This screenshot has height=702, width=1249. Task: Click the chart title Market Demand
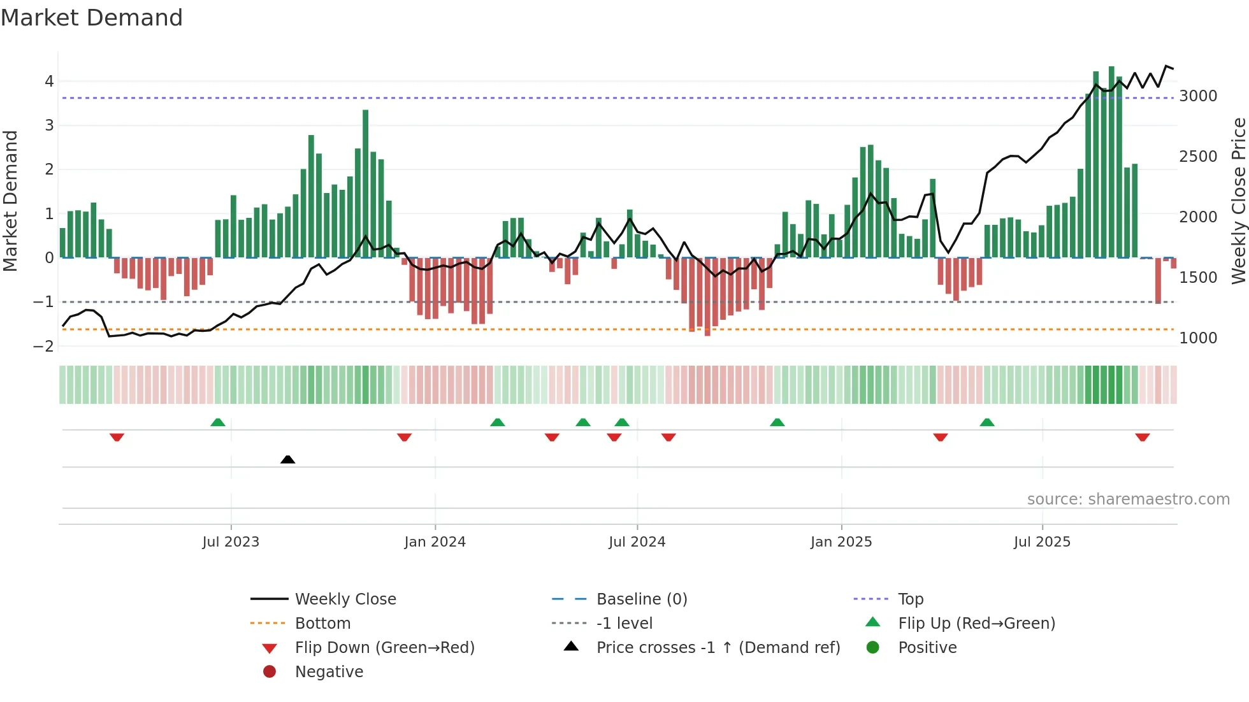tap(92, 18)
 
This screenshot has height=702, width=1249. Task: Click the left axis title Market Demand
tap(10, 201)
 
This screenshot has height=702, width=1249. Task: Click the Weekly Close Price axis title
tap(1238, 201)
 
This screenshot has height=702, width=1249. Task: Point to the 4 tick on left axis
tap(49, 82)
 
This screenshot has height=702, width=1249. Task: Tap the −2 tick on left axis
tap(44, 346)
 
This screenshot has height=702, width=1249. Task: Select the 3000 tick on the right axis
tap(1198, 96)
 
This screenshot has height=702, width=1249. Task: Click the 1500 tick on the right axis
tap(1198, 278)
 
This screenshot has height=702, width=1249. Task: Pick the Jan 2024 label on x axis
tap(435, 542)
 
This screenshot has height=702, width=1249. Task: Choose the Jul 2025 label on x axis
tap(1042, 542)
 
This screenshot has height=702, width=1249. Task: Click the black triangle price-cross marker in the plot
tap(287, 459)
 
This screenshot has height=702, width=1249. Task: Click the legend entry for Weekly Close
tap(345, 599)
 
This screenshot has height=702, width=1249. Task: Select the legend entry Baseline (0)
tap(641, 599)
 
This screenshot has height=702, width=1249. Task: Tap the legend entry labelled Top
tap(910, 599)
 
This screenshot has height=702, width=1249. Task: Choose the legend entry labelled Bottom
tap(322, 624)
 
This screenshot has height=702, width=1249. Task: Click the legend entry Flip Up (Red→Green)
tap(976, 624)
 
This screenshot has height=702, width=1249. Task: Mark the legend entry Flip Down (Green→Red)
tap(384, 648)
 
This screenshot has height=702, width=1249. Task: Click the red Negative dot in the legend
tap(270, 672)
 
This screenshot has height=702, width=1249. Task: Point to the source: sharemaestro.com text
tap(1128, 499)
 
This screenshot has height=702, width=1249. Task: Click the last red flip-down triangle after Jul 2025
tap(1142, 437)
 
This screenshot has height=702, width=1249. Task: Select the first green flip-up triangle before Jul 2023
tap(218, 422)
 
